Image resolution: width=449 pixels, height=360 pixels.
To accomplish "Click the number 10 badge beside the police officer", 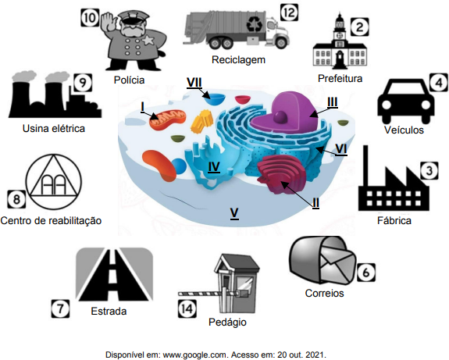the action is (90, 18).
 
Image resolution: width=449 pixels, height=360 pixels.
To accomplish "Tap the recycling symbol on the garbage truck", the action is (255, 23).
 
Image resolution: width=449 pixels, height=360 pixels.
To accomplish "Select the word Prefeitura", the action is (340, 78).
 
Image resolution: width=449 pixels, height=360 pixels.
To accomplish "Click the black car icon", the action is (406, 101).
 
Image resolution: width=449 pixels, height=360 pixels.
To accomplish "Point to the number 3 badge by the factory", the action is (429, 171).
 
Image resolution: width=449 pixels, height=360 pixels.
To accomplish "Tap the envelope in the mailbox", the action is (337, 265).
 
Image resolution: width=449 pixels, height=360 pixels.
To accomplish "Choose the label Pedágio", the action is (227, 323).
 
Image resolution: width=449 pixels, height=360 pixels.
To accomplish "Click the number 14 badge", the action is (187, 308).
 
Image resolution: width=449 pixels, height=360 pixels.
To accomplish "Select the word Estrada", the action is (109, 311).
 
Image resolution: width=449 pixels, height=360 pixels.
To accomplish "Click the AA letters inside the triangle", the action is (54, 184).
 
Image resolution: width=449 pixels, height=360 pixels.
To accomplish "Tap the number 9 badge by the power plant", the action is (83, 83).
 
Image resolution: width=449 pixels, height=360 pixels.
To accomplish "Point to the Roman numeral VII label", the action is (194, 83).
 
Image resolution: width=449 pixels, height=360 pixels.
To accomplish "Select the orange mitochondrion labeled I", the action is (168, 121).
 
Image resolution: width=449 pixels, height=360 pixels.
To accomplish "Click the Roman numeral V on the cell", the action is (234, 213).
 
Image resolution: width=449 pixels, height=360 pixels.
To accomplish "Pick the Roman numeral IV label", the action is (214, 167).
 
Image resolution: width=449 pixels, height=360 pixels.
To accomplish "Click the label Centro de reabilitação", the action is (51, 221).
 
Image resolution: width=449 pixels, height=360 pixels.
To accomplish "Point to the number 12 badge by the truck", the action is (289, 13).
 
